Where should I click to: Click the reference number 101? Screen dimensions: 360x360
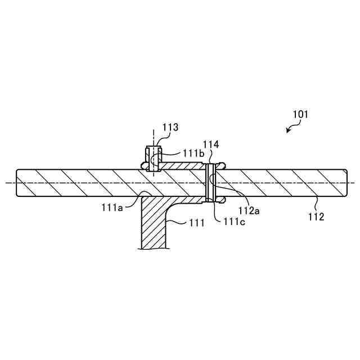pyautogui.click(x=300, y=114)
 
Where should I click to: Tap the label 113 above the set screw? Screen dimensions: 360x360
pyautogui.click(x=170, y=127)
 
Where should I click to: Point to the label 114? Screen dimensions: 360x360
pyautogui.click(x=211, y=145)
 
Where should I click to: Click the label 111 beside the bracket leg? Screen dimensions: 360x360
pyautogui.click(x=196, y=224)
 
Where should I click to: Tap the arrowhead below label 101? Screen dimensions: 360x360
pyautogui.click(x=288, y=131)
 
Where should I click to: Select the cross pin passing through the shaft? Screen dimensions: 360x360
pyautogui.click(x=211, y=183)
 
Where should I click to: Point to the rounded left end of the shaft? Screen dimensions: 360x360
pyautogui.click(x=19, y=183)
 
